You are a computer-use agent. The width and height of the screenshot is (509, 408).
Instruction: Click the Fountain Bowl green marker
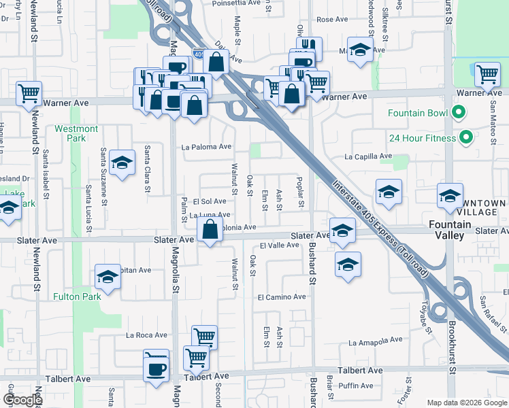coord(459,113)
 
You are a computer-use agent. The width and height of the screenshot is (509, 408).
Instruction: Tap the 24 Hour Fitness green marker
coord(466,138)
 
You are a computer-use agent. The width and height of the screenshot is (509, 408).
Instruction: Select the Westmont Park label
coord(76,133)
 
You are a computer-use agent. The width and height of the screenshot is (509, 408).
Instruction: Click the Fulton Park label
coord(78,296)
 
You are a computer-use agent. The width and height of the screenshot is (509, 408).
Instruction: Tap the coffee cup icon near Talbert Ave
coord(157,369)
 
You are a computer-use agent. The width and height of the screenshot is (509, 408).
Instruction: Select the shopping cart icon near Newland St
coord(29,93)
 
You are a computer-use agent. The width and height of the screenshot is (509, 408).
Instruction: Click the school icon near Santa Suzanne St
coord(122,163)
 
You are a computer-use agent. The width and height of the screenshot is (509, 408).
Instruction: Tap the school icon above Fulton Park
coord(108,277)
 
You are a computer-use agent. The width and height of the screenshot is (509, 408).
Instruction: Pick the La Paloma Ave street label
coord(206,146)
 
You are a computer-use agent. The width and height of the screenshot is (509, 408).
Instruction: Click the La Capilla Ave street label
coord(368,156)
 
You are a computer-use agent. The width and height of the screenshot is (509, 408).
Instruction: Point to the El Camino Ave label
coord(282,297)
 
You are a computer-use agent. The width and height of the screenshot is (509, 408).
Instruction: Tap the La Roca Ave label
coord(146,335)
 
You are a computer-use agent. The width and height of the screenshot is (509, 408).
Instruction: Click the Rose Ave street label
coord(332,20)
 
